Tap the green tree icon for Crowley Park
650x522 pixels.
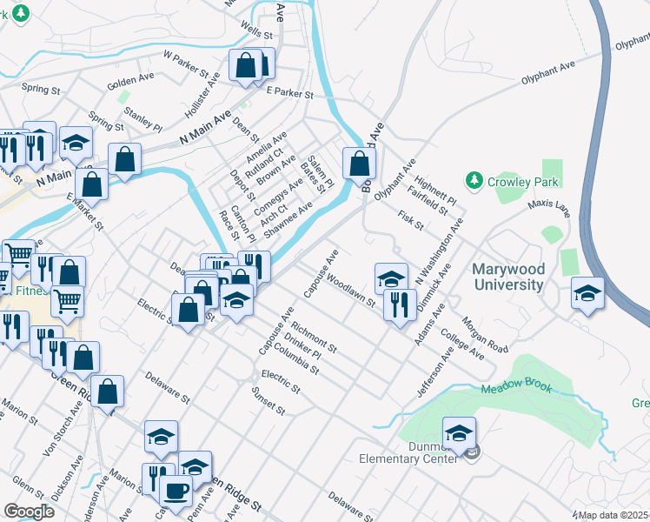click(474, 181)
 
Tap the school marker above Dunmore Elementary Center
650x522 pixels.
click(459, 432)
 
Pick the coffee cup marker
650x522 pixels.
click(175, 490)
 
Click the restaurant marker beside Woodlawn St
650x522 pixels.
click(399, 304)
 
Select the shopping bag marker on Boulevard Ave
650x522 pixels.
click(359, 162)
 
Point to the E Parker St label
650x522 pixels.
click(288, 90)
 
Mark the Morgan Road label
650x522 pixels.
click(486, 335)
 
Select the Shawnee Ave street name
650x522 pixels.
click(288, 222)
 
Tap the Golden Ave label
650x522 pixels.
click(130, 80)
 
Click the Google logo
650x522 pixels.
click(29, 511)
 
